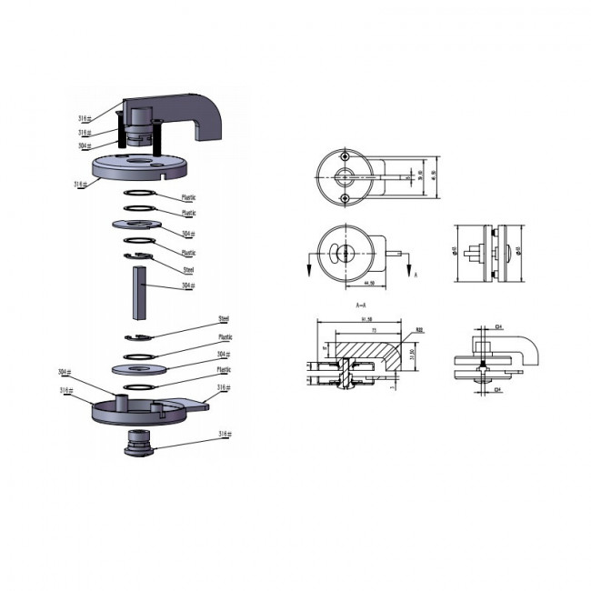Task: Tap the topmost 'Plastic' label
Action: click(x=189, y=197)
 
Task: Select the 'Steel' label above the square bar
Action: click(x=189, y=270)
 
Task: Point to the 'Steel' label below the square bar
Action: click(x=224, y=319)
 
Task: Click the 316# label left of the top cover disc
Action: click(x=79, y=185)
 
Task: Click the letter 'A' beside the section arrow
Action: click(x=416, y=273)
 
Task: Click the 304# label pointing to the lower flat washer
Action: click(x=222, y=355)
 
